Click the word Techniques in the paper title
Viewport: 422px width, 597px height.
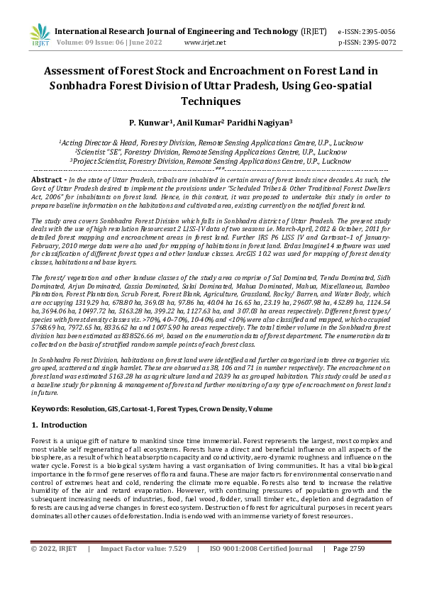tap(211, 101)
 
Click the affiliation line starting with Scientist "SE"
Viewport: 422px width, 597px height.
tap(211, 152)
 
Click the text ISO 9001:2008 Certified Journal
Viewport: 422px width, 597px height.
tap(261, 569)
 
